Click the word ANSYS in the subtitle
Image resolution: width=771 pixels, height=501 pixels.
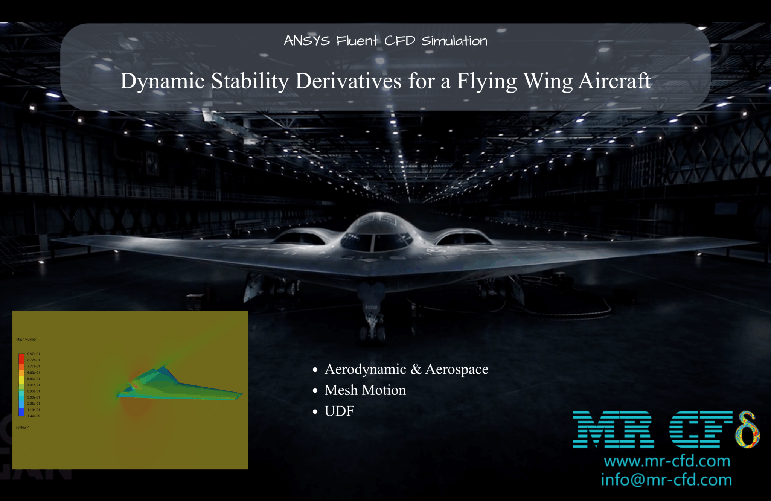point(306,41)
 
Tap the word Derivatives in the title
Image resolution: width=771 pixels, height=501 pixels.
point(348,81)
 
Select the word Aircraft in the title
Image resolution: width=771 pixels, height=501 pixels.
point(614,81)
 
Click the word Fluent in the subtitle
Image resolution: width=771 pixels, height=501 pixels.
point(357,41)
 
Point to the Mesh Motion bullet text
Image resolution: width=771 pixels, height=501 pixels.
point(365,390)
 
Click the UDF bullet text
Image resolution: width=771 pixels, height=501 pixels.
point(339,411)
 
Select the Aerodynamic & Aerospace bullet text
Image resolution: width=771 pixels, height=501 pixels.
point(406,369)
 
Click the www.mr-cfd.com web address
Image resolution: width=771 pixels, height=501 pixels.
point(667,461)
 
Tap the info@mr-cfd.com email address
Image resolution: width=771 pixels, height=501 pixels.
point(666,480)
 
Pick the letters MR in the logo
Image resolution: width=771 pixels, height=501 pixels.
point(613,430)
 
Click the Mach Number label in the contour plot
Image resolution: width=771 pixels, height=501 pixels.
point(26,340)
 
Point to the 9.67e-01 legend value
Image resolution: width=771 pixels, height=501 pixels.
point(34,354)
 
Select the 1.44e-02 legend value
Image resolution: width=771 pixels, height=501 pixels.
point(34,416)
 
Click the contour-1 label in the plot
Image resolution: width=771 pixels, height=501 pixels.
point(23,428)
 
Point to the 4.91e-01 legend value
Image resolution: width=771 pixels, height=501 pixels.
point(34,385)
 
